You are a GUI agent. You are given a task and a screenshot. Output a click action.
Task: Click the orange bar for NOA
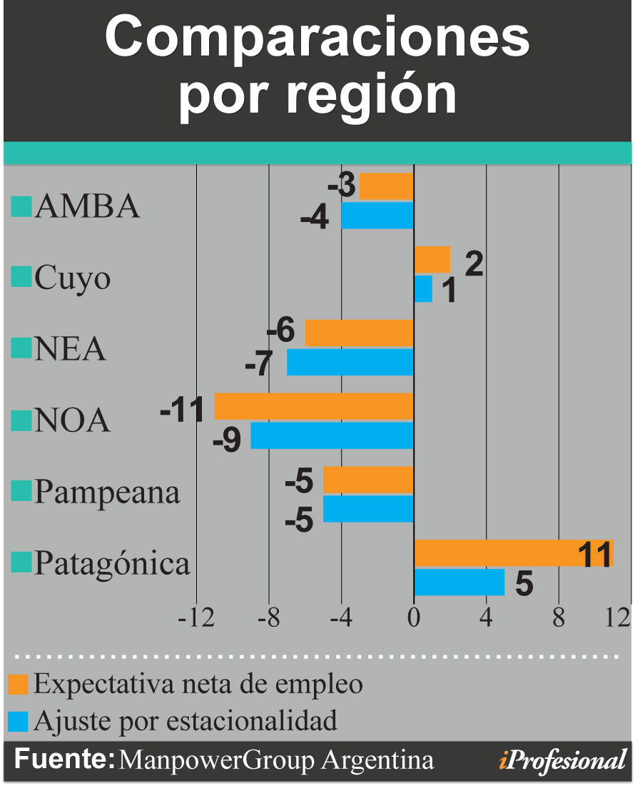point(314,406)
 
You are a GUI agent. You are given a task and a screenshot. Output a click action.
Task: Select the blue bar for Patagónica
point(459,582)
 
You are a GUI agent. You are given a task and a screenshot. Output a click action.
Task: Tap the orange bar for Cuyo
point(432,259)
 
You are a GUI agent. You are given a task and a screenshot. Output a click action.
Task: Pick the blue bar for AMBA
point(377,215)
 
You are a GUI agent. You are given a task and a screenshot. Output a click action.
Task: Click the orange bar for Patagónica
point(514,553)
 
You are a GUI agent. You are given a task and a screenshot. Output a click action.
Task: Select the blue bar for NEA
point(350,362)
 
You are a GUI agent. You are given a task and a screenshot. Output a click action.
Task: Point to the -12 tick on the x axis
point(196,616)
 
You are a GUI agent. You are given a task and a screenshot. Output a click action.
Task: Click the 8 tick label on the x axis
point(559,616)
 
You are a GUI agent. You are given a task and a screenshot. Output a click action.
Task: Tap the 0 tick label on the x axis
point(414,616)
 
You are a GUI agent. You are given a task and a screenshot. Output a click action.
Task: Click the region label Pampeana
point(107,493)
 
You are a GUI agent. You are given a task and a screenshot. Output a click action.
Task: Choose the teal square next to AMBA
point(22,206)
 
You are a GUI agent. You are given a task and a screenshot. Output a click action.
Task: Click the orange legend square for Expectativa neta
point(19,685)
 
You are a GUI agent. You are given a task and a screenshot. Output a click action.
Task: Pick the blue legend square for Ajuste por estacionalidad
point(19,721)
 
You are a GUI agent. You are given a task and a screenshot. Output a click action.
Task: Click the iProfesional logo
point(563,760)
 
